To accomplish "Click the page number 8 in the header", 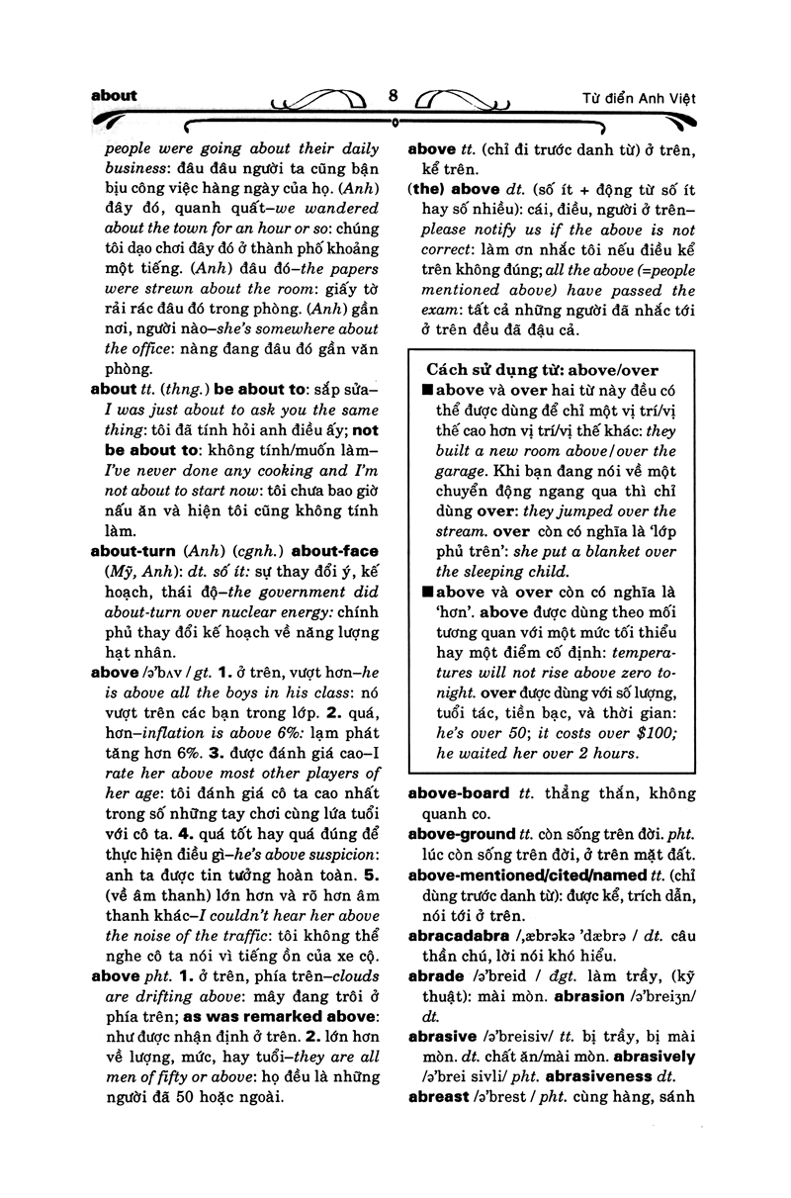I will click(x=394, y=97).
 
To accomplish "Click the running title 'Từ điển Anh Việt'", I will click(x=638, y=99).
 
